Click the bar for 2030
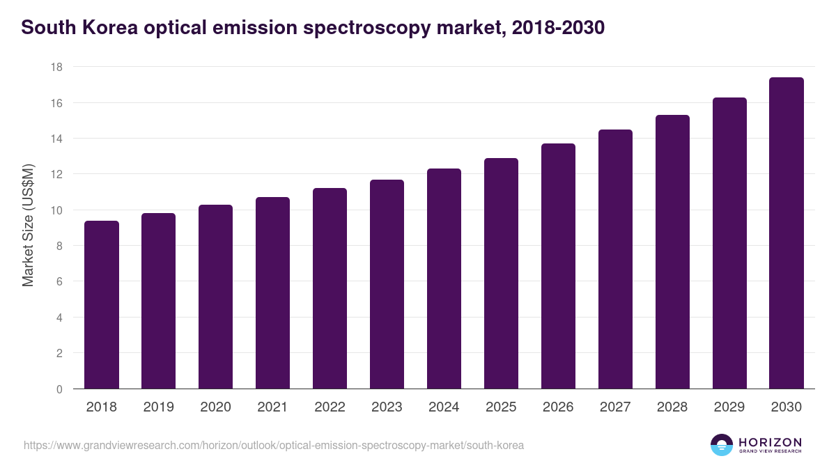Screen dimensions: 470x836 (787, 233)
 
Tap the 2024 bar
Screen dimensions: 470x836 (444, 279)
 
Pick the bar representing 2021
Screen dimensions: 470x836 (272, 293)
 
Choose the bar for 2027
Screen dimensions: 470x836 (615, 259)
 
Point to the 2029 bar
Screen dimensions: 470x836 (729, 243)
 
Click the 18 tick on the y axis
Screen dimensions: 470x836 (56, 67)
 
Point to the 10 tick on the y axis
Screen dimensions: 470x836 (56, 210)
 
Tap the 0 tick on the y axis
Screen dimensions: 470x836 (59, 389)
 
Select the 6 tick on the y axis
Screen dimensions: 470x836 (59, 282)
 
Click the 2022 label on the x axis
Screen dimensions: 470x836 (330, 407)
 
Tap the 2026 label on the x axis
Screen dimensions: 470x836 (558, 407)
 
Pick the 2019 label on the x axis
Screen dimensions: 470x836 (158, 407)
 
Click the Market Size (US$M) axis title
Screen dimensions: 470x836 (28, 224)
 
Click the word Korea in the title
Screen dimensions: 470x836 (108, 29)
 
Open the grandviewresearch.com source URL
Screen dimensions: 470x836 (273, 445)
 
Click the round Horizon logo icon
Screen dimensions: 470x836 (722, 445)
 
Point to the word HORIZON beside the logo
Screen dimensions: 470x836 (770, 442)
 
